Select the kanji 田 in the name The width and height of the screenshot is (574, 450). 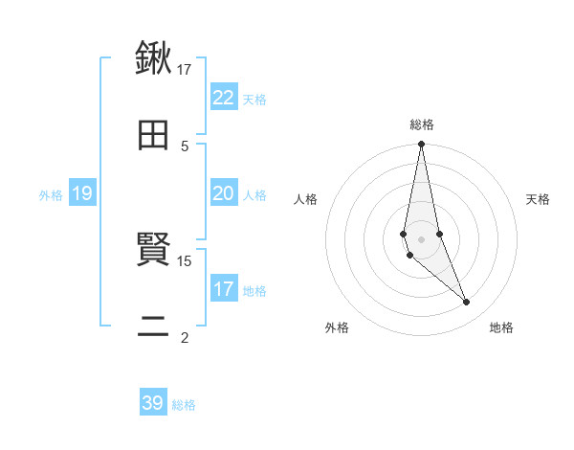(x=153, y=135)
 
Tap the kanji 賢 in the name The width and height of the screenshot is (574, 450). (x=153, y=251)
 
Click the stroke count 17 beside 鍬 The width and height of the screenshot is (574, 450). (x=185, y=69)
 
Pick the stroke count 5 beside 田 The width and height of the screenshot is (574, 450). (x=185, y=146)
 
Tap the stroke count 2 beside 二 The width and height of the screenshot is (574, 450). (x=185, y=338)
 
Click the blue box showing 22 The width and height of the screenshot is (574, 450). (x=224, y=97)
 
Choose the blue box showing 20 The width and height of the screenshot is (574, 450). (x=224, y=193)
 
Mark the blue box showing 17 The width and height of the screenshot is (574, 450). (x=224, y=289)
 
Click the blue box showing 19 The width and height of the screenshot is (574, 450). (x=81, y=193)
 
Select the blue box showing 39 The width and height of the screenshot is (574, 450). (x=153, y=403)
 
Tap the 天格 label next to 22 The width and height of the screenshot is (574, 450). (x=254, y=99)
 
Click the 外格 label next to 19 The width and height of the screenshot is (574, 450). (x=51, y=195)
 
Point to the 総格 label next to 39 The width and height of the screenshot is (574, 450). (x=184, y=405)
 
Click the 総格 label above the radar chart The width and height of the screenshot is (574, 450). (x=422, y=124)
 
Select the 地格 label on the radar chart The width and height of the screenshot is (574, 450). (x=501, y=328)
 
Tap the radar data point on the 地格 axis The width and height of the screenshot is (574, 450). (x=467, y=303)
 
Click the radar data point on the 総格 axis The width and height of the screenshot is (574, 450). (x=422, y=145)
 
